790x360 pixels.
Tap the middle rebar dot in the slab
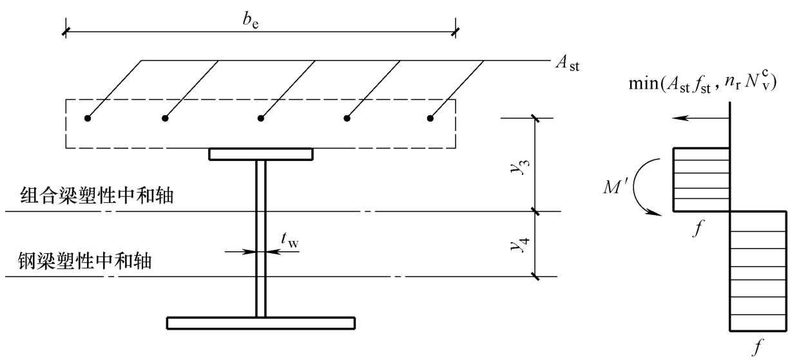261,118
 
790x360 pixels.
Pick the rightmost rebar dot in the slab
430,118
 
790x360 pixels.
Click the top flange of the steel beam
260,155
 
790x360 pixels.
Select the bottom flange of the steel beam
260,322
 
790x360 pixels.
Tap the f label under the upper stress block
697,227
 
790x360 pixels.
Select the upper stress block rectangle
702,180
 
